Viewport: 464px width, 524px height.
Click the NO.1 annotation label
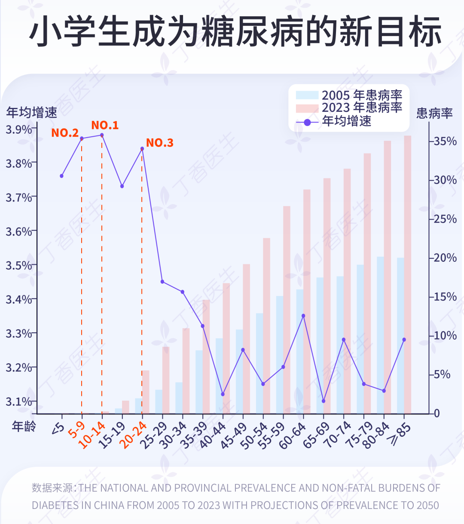pos(105,125)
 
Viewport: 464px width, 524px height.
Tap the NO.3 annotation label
pos(160,143)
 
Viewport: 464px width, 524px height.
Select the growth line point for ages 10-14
pos(102,135)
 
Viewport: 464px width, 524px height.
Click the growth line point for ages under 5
pos(61,176)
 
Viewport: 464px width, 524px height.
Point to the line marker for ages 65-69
pos(324,401)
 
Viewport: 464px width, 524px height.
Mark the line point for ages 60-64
pos(303,316)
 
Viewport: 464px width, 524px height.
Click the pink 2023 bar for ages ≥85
pos(408,274)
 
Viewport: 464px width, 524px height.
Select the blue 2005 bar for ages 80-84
pos(381,335)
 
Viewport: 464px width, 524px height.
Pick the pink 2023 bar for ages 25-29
pos(166,380)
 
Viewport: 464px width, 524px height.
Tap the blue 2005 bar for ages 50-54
pos(259,363)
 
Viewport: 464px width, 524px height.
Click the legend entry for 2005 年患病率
pos(349,95)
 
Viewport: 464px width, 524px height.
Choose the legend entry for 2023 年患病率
pos(349,107)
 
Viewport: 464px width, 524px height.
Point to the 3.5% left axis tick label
pos(18,266)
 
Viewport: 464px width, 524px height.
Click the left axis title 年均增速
pos(31,113)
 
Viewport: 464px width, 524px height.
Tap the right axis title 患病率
pos(434,113)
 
